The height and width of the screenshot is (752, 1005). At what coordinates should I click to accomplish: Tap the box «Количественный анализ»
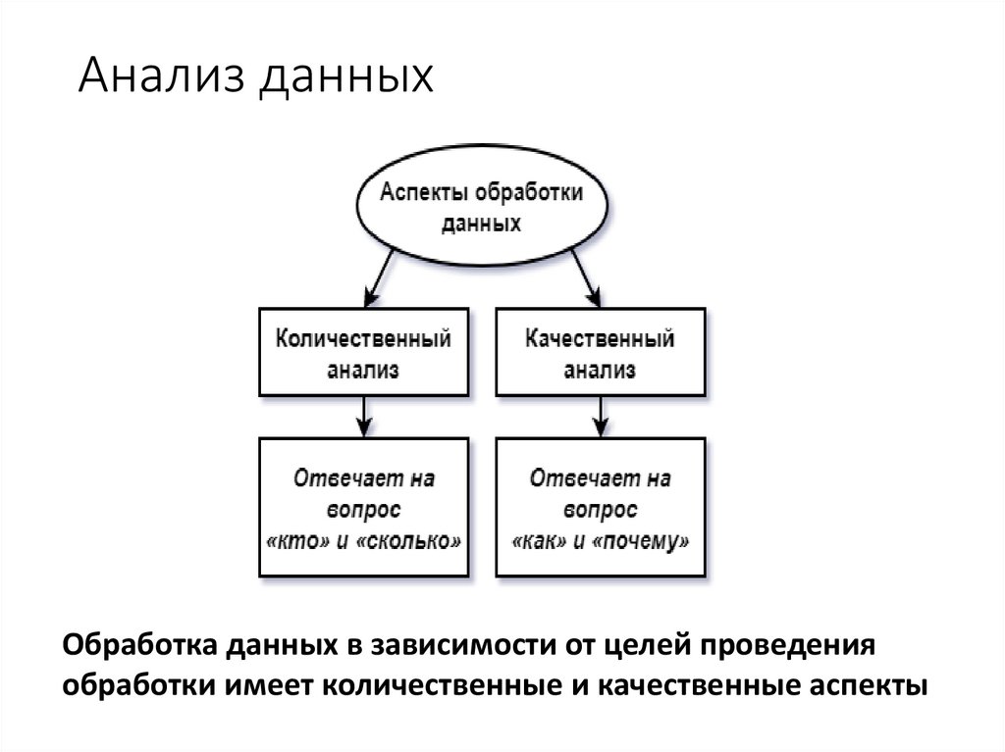363,354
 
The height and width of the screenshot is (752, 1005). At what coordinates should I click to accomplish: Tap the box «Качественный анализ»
600,354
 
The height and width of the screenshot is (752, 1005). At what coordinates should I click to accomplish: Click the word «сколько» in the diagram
415,540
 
